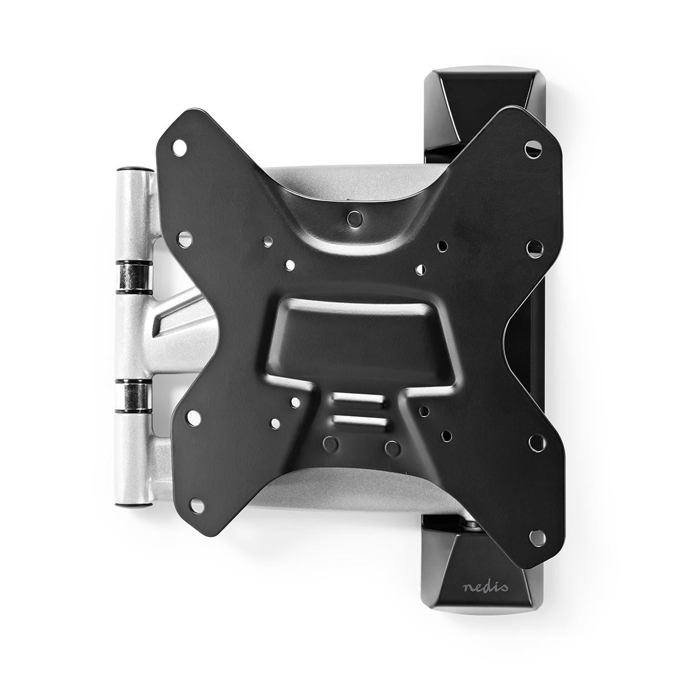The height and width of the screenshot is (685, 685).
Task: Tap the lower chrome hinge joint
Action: (135, 393)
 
